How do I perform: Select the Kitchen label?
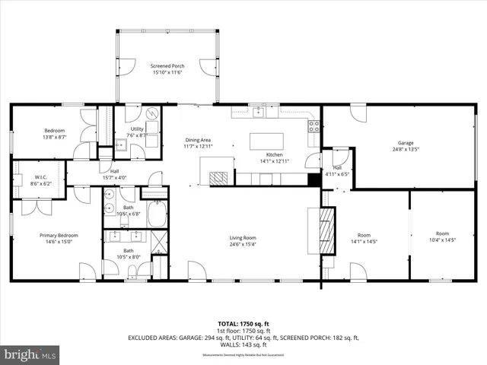253,154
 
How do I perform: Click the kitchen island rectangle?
266,141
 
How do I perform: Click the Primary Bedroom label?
59,235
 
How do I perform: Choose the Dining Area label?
198,139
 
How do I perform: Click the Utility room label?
137,129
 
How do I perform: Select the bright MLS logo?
30,354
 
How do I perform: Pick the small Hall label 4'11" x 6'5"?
337,170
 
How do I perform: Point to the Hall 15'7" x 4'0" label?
114,174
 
